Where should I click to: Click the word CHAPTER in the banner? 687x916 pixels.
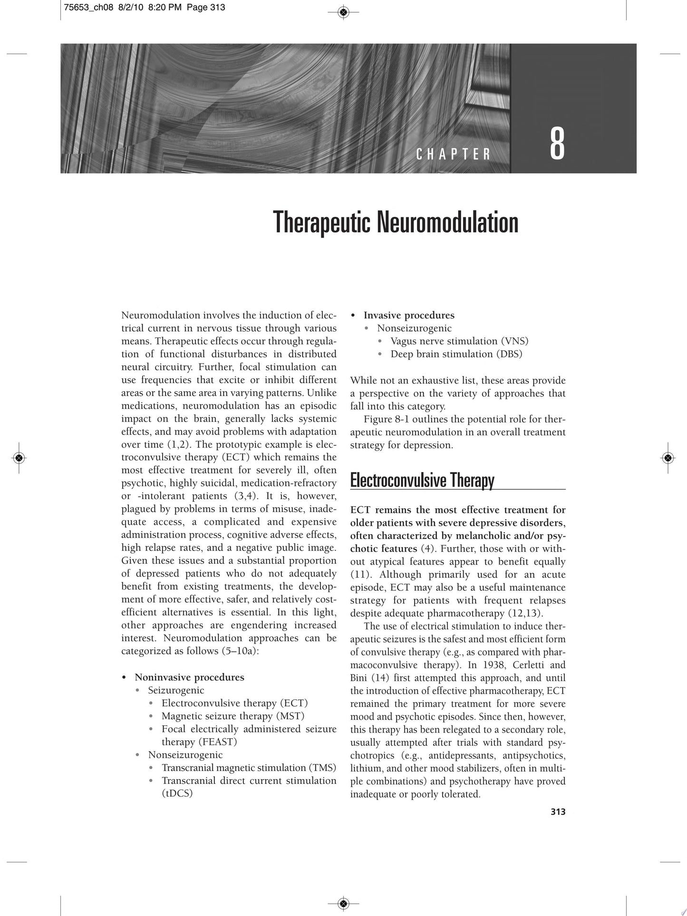pos(453,154)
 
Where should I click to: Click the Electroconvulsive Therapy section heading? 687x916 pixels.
pos(422,481)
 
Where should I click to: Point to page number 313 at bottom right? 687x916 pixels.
pos(558,812)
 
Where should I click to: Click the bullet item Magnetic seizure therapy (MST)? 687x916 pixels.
pos(232,716)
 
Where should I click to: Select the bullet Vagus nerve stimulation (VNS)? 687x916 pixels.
pos(459,341)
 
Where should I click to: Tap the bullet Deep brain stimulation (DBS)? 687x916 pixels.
pos(456,354)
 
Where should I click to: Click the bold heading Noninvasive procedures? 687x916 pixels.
pos(189,677)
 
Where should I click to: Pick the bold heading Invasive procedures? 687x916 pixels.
pos(409,315)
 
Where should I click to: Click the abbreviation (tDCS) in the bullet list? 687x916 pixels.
pos(177,793)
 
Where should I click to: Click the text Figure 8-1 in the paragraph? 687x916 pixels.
pos(386,419)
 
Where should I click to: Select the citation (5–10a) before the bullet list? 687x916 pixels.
pos(240,651)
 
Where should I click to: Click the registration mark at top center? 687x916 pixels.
pos(344,12)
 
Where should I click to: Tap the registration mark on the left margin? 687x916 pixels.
pos(19,458)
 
